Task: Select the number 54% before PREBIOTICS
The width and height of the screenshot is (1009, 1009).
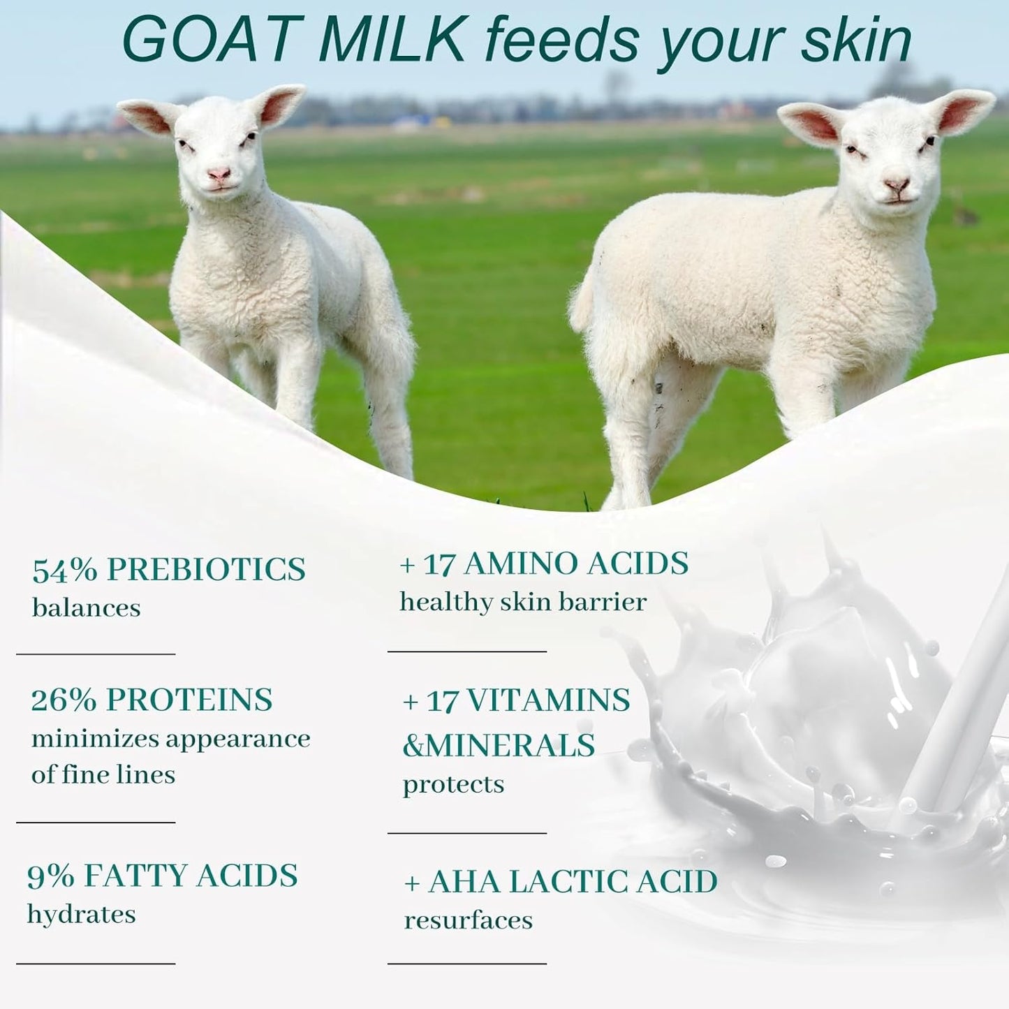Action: (x=64, y=570)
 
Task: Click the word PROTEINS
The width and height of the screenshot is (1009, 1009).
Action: (x=189, y=700)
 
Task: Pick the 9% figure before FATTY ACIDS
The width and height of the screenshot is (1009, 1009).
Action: (x=50, y=876)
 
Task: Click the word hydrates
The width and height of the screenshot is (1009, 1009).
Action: (x=82, y=914)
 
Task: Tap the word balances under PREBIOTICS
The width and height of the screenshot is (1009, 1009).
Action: (x=86, y=608)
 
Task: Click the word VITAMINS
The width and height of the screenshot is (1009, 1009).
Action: (x=548, y=700)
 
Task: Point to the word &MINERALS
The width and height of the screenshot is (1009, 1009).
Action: (x=499, y=746)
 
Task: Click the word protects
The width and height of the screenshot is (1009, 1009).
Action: (x=453, y=785)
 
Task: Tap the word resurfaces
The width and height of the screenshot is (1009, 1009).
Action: (x=468, y=920)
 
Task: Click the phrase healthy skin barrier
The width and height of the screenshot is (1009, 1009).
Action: (x=523, y=602)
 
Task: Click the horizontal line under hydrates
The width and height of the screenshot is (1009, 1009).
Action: (x=96, y=964)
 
